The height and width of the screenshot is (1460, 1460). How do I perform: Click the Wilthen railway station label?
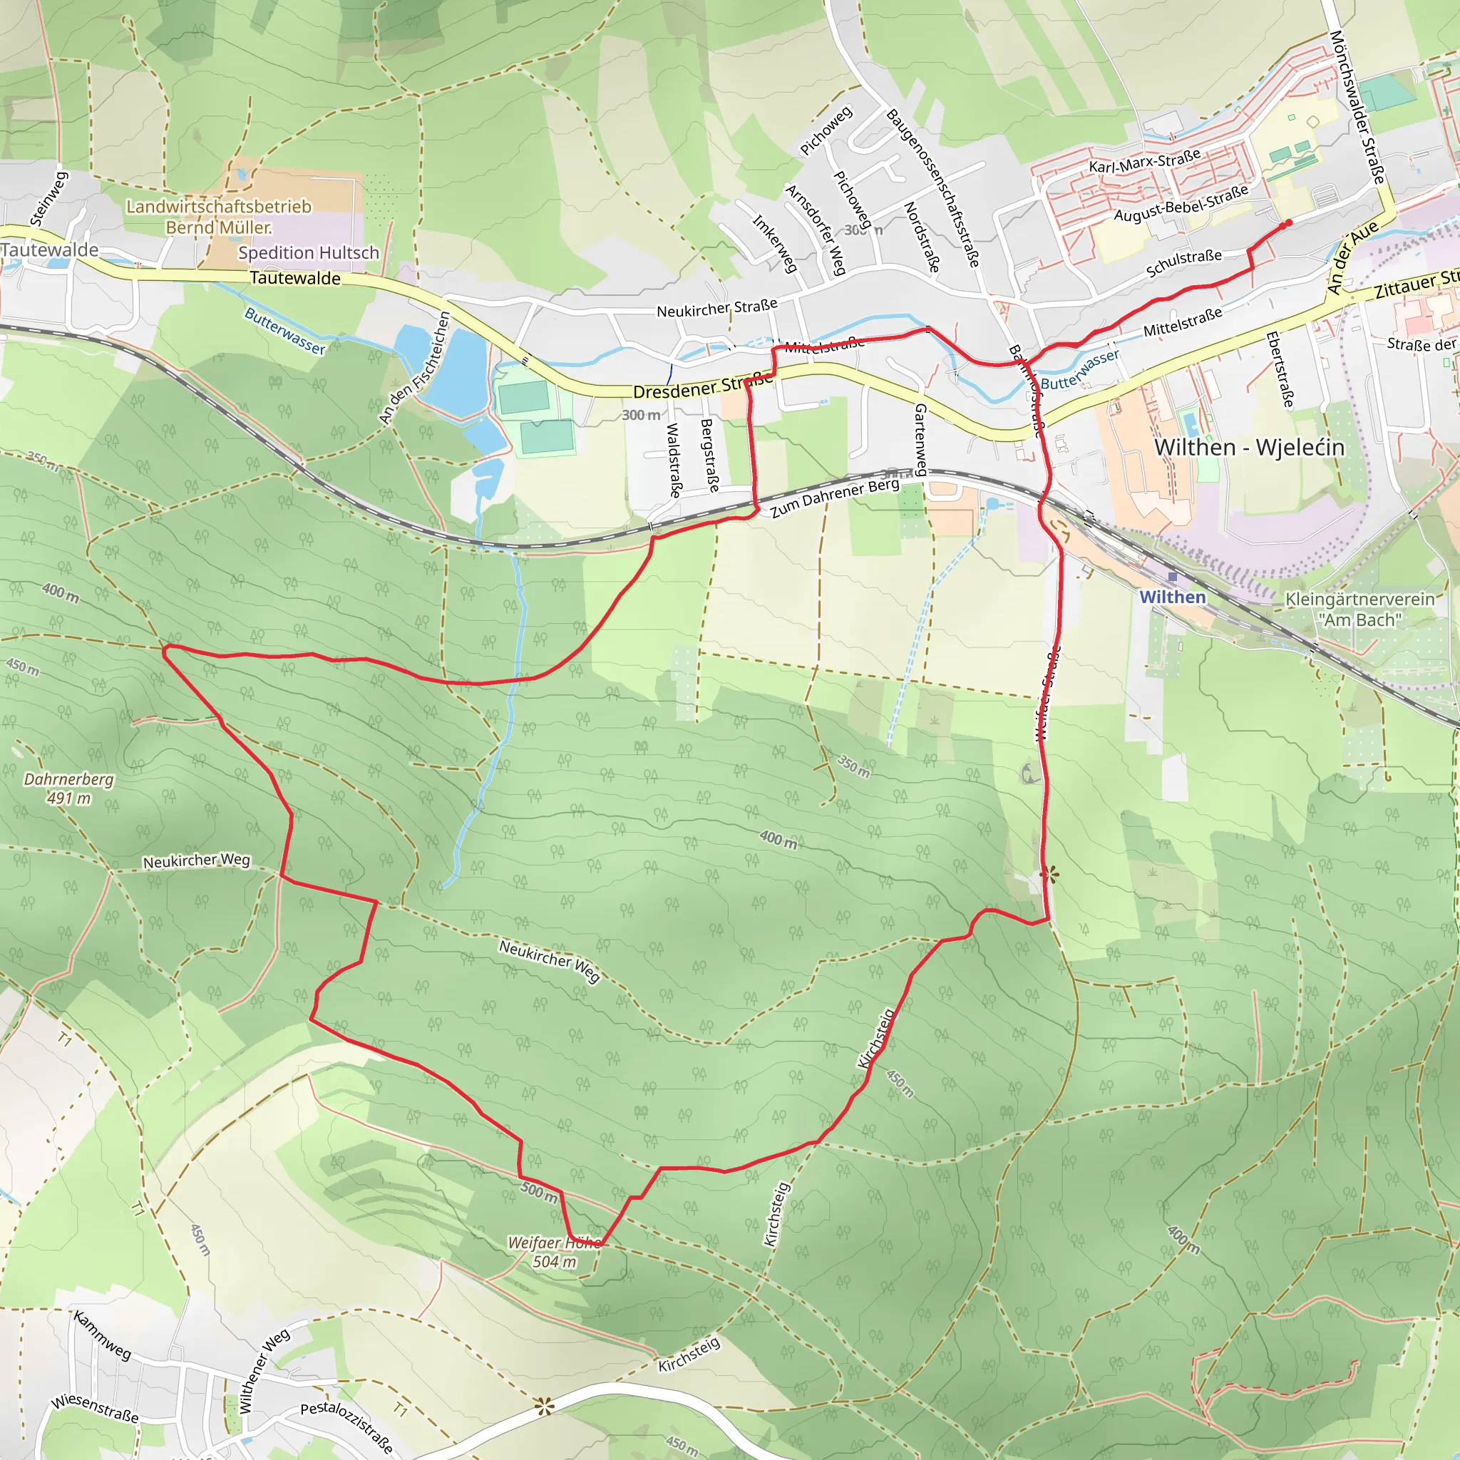(1172, 597)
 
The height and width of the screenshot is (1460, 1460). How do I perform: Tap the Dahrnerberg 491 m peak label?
(68, 788)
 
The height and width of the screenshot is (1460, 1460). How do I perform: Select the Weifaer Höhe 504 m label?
(555, 1252)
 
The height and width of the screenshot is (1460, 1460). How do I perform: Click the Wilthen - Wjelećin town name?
(1249, 448)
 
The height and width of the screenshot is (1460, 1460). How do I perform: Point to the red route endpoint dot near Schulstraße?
(1287, 223)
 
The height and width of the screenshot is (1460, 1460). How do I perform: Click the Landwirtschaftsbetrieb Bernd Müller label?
(218, 217)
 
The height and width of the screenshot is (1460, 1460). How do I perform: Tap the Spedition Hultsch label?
(308, 253)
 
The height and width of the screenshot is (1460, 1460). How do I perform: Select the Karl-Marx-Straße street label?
(1144, 161)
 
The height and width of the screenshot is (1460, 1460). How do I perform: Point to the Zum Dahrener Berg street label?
(834, 498)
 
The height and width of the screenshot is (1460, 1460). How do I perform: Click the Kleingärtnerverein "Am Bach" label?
(1359, 609)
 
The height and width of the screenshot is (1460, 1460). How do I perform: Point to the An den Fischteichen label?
(415, 367)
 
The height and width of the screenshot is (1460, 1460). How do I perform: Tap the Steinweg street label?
(49, 199)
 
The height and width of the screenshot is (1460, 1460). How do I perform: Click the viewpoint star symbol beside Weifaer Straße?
(1049, 875)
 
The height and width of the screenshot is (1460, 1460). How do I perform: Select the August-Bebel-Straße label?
(1181, 202)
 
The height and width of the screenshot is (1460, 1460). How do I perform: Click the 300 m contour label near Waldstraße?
(641, 415)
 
